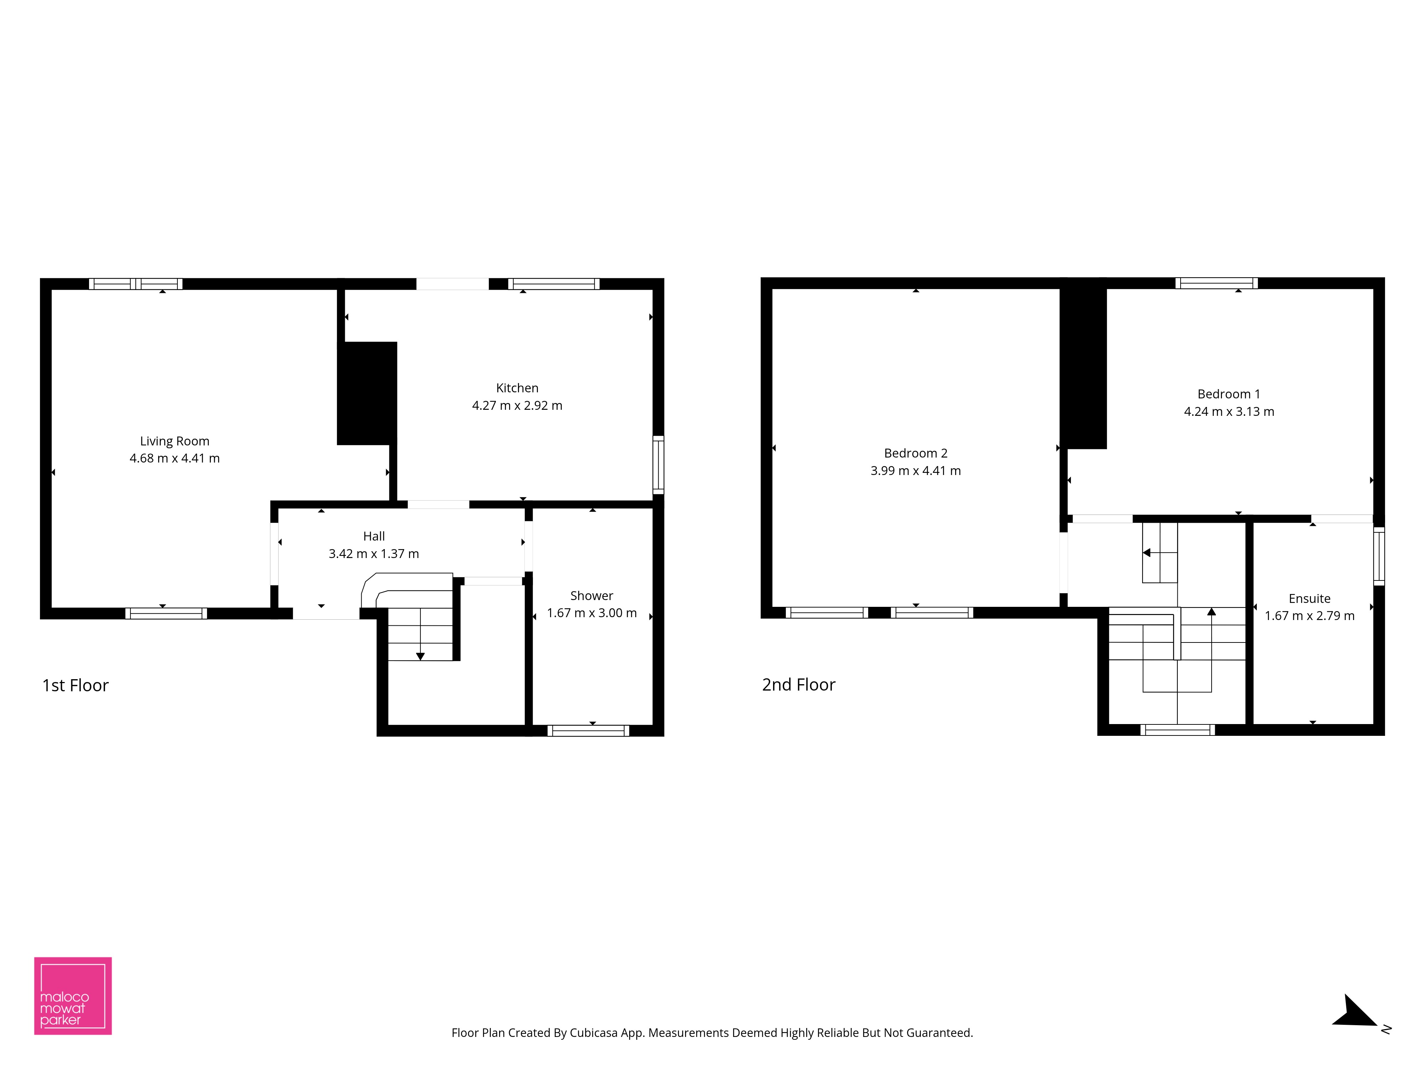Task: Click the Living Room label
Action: (175, 441)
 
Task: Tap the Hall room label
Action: (374, 536)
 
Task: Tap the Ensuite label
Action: (1309, 599)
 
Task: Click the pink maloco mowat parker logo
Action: (73, 996)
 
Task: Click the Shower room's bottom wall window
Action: (588, 731)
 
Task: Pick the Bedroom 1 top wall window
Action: (1216, 283)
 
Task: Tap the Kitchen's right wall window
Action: (658, 465)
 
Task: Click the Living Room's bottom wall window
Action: (166, 614)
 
